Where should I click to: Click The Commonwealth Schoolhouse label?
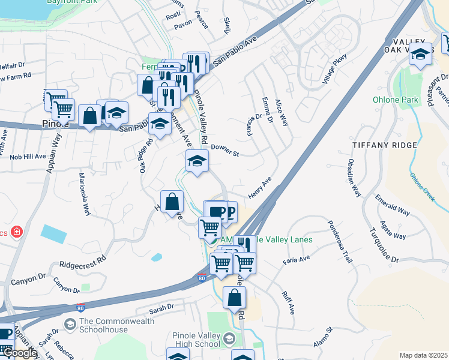tap(116, 326)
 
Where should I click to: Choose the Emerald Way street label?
tap(392, 205)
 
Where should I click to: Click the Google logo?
tap(19, 353)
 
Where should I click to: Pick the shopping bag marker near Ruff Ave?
tap(234, 298)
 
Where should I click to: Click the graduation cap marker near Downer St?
tap(196, 161)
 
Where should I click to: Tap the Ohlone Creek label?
tap(422, 187)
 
